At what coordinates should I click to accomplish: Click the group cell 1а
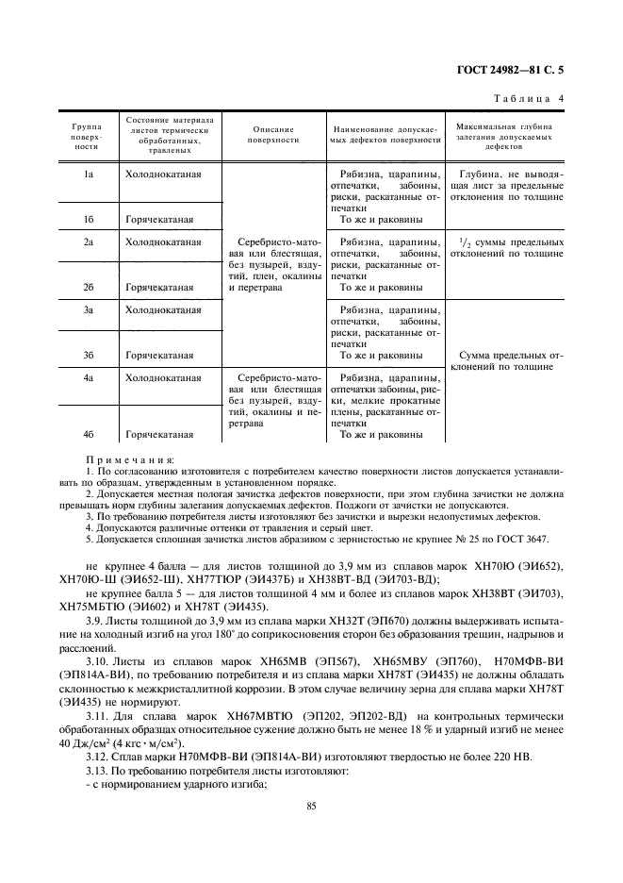tap(87, 175)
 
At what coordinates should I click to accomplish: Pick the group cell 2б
tap(87, 287)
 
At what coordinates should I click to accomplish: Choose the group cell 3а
tap(87, 309)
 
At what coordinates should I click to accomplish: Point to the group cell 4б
tap(87, 435)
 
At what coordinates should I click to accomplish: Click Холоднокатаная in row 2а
tap(163, 242)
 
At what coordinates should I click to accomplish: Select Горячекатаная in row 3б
tap(159, 356)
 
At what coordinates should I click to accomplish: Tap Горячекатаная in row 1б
tap(159, 220)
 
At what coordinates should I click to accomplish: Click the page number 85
tap(311, 806)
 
